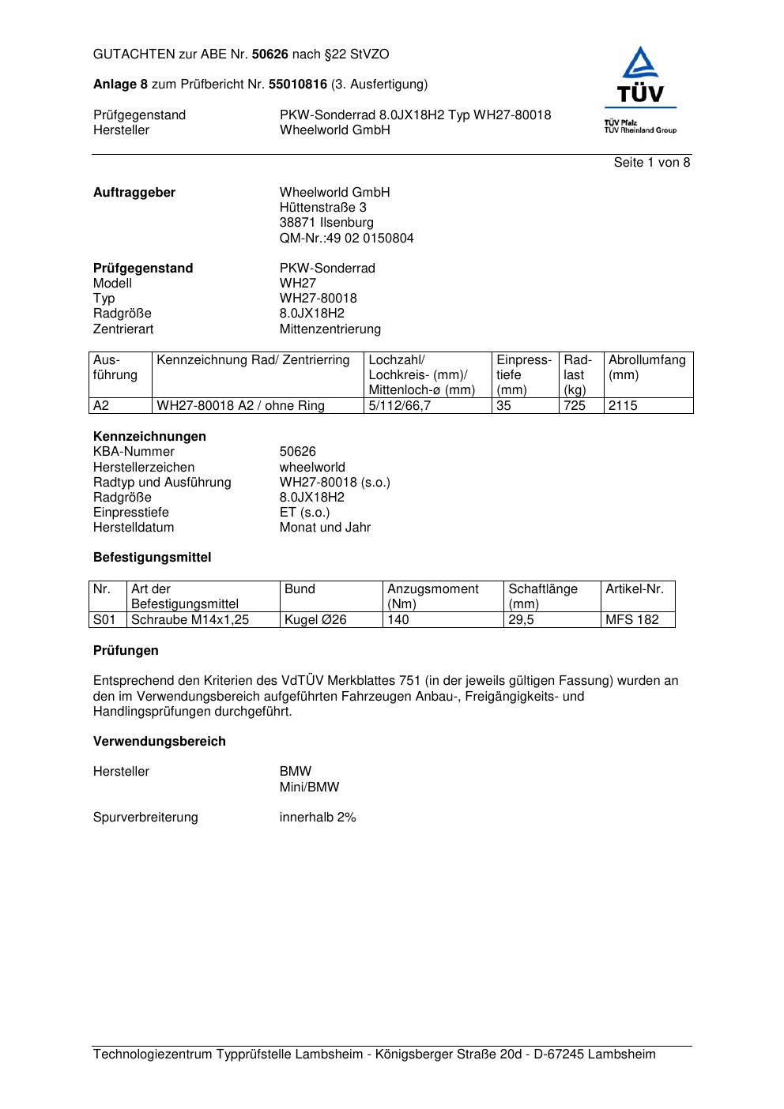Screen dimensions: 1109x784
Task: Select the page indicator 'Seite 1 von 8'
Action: coord(651,163)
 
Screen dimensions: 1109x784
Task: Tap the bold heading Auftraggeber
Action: coord(134,193)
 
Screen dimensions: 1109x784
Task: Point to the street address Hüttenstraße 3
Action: coord(322,208)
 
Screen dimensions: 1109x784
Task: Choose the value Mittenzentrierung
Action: coord(330,329)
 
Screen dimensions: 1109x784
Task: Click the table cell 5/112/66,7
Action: coord(400,406)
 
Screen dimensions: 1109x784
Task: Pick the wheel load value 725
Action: coord(575,406)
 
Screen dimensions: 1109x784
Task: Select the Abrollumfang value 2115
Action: coord(623,406)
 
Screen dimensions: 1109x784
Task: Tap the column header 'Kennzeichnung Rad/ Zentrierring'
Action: coord(253,360)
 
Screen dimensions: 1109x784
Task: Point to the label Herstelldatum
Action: coord(134,528)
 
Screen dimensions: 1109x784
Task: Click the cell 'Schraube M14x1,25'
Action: coord(190,620)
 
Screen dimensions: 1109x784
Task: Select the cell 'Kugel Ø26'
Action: coord(315,620)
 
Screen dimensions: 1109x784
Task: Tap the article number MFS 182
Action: coord(631,620)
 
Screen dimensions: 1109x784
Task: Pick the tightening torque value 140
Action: coord(398,620)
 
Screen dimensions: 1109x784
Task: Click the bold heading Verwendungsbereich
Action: coord(160,742)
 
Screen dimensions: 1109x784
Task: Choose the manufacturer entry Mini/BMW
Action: coord(309,788)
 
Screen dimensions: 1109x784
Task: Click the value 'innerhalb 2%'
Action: coord(318,818)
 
